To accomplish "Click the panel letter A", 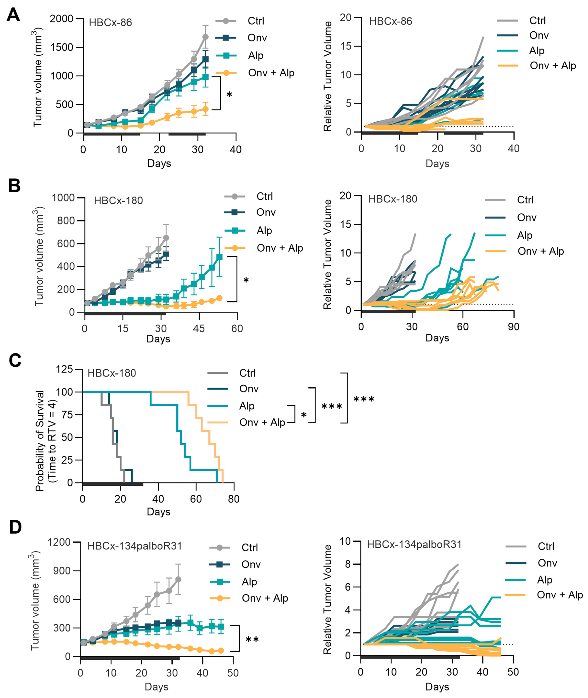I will [x=13, y=15].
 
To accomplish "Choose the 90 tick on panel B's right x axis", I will [x=514, y=327].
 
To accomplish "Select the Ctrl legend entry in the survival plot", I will [x=247, y=373].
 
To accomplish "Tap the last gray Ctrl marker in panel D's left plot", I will [x=178, y=580].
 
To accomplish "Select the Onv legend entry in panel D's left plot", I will [x=251, y=564].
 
